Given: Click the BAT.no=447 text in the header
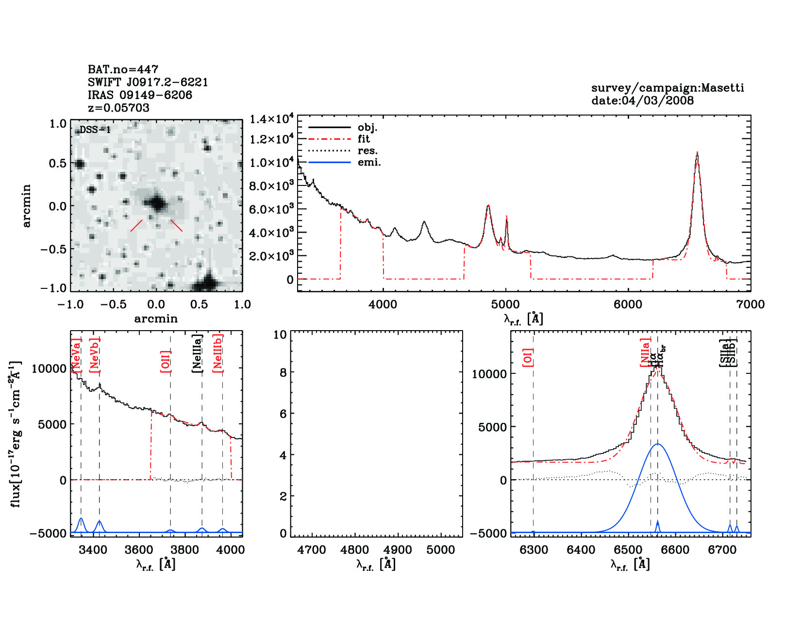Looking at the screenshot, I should point(123,69).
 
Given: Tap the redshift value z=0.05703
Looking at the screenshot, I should point(118,108).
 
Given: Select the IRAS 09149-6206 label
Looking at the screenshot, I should point(140,95).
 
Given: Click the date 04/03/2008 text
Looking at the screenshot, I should point(642,100).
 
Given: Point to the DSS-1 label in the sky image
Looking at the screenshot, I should point(95,130).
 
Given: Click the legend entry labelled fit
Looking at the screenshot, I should point(364,139).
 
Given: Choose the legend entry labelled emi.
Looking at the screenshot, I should point(369,162).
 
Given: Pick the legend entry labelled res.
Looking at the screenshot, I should point(367,151).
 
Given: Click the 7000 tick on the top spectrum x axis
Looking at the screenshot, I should point(750,304).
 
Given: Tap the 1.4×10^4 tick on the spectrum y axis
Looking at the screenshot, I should point(271,119).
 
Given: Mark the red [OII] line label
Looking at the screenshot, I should point(166,361).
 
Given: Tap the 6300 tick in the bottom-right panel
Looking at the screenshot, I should point(534,550).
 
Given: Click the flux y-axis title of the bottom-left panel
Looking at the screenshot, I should point(16,434).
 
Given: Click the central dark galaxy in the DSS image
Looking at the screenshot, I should point(156,203).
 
